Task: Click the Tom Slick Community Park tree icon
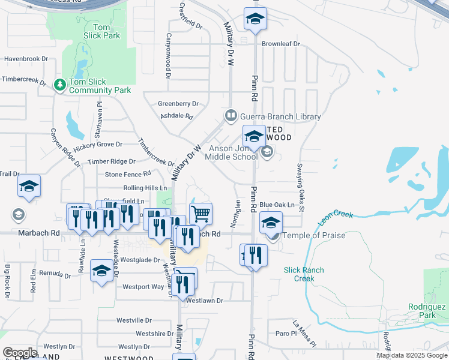coord(59,85)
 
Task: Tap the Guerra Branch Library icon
coord(231,115)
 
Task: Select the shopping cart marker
coord(200,213)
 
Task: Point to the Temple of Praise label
coord(313,235)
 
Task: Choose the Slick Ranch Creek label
coord(305,274)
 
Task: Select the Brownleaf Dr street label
coord(280,44)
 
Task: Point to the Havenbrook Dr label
coord(26,59)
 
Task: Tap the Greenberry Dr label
coord(178,104)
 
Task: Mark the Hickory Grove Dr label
coord(98,145)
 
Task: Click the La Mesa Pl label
coord(304,335)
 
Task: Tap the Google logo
coord(19,352)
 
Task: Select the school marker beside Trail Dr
coord(28,187)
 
